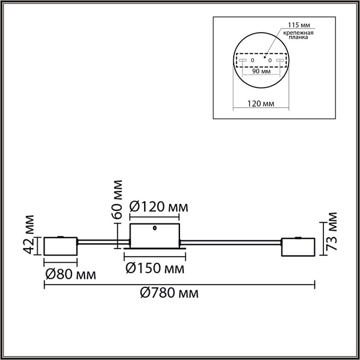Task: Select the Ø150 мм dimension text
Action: click(155, 268)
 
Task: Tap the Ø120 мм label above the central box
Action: click(158, 206)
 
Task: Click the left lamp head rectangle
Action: click(61, 247)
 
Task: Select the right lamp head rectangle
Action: click(298, 247)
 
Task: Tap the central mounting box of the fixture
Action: click(155, 235)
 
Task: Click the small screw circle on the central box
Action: click(155, 230)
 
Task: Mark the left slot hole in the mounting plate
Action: click(243, 60)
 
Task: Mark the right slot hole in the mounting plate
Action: click(279, 60)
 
